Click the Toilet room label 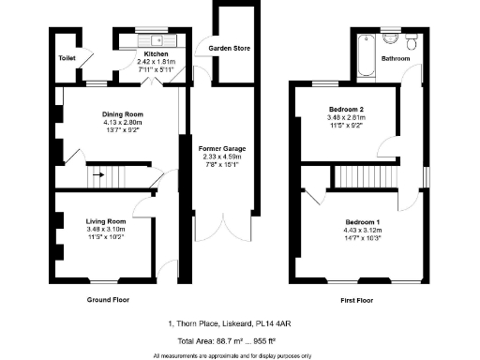point(67,57)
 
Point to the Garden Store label point(229,47)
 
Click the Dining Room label point(122,114)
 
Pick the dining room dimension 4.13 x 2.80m point(122,122)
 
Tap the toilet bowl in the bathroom point(412,42)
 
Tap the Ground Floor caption point(107,300)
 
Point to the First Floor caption point(359,300)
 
